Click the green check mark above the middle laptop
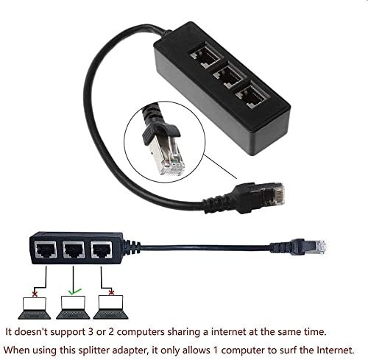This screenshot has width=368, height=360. click(x=74, y=292)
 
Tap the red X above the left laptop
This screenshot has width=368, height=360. click(x=35, y=294)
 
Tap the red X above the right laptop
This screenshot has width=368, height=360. click(x=111, y=292)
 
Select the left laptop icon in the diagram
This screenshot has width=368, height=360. click(x=35, y=308)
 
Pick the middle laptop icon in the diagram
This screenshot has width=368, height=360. click(x=73, y=308)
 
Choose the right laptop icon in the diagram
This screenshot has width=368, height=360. click(x=110, y=307)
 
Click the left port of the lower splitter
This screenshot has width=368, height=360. click(x=46, y=250)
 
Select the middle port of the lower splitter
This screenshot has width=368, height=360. click(x=74, y=250)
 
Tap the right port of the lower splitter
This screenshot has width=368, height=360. click(x=102, y=250)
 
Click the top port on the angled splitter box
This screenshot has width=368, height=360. click(x=207, y=56)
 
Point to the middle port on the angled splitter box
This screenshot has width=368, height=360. click(x=229, y=76)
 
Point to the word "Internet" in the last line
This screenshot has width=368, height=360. click(x=336, y=350)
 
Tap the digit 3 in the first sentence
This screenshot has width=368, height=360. click(x=91, y=332)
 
